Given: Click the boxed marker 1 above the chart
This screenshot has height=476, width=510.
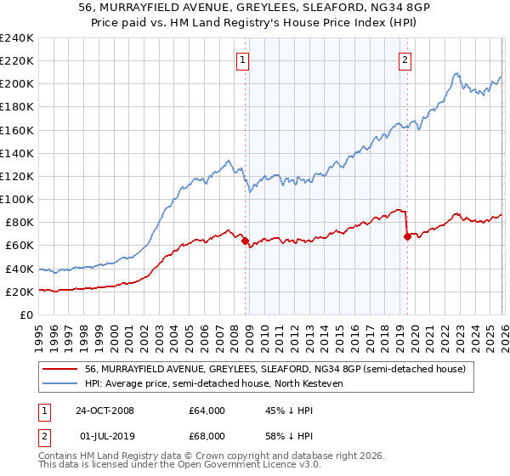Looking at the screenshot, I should pos(243,59).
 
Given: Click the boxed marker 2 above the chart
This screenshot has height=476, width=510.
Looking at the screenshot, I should pos(405,59).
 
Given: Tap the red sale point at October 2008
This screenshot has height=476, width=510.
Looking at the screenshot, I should pos(246,241).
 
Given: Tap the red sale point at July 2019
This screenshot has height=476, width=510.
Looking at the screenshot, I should pos(407,236).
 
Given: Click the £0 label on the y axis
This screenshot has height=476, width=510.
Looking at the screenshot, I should pos(25,314).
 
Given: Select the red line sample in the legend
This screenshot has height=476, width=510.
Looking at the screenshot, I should pos(60,370).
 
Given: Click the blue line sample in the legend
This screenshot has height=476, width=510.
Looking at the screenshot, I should pos(60,383).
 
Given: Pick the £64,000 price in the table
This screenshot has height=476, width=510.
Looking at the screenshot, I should pos(207,411).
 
